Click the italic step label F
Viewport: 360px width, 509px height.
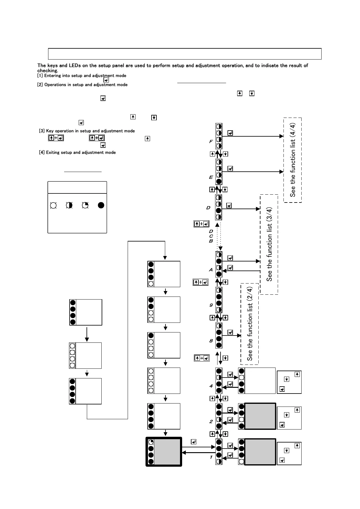(x=211, y=141)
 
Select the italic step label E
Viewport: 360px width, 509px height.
(x=211, y=177)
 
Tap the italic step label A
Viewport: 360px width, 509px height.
(x=211, y=270)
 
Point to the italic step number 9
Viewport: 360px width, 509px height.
(x=211, y=305)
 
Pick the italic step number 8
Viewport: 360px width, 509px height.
(x=211, y=341)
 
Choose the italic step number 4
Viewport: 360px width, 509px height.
(x=211, y=386)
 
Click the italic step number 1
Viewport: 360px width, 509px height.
(x=211, y=457)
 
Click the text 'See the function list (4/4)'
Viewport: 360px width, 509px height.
(x=293, y=160)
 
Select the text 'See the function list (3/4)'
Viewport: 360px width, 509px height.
(x=269, y=244)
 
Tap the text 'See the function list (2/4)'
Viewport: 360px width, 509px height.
(x=250, y=324)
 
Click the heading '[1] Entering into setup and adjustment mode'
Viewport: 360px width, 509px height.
(x=82, y=76)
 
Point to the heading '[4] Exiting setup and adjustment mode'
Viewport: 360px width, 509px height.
(x=77, y=153)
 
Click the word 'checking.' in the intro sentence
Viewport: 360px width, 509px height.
(x=47, y=71)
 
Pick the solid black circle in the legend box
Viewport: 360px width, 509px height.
(x=101, y=205)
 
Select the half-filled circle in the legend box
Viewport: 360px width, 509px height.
(x=69, y=205)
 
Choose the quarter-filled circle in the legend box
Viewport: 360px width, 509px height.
(x=85, y=205)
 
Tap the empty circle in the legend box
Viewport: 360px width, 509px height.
(x=53, y=205)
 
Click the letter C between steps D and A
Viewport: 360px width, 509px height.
(x=211, y=236)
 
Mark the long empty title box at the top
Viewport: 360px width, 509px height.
(x=185, y=54)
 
